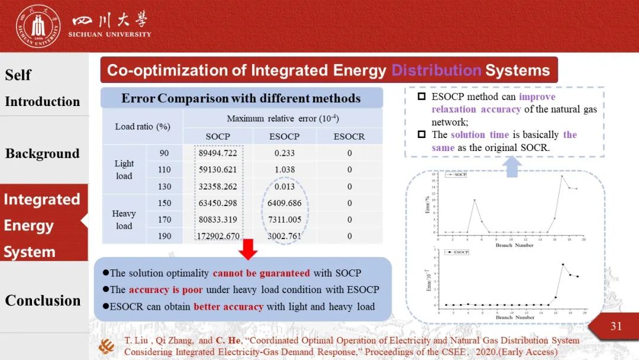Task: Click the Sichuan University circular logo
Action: (38, 26)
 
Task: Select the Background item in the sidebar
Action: (42, 154)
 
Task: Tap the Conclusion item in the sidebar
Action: (43, 301)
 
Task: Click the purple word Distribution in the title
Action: (436, 70)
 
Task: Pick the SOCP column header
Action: (218, 136)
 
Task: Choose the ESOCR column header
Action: (349, 136)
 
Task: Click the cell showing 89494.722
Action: (218, 153)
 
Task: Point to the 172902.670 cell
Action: (218, 236)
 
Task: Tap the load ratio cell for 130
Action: (164, 187)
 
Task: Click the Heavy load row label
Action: (124, 219)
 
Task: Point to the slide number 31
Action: (616, 326)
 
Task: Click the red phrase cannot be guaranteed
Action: (261, 273)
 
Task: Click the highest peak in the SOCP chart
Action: (562, 176)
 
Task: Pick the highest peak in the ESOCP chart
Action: (563, 264)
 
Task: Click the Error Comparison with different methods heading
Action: (241, 98)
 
